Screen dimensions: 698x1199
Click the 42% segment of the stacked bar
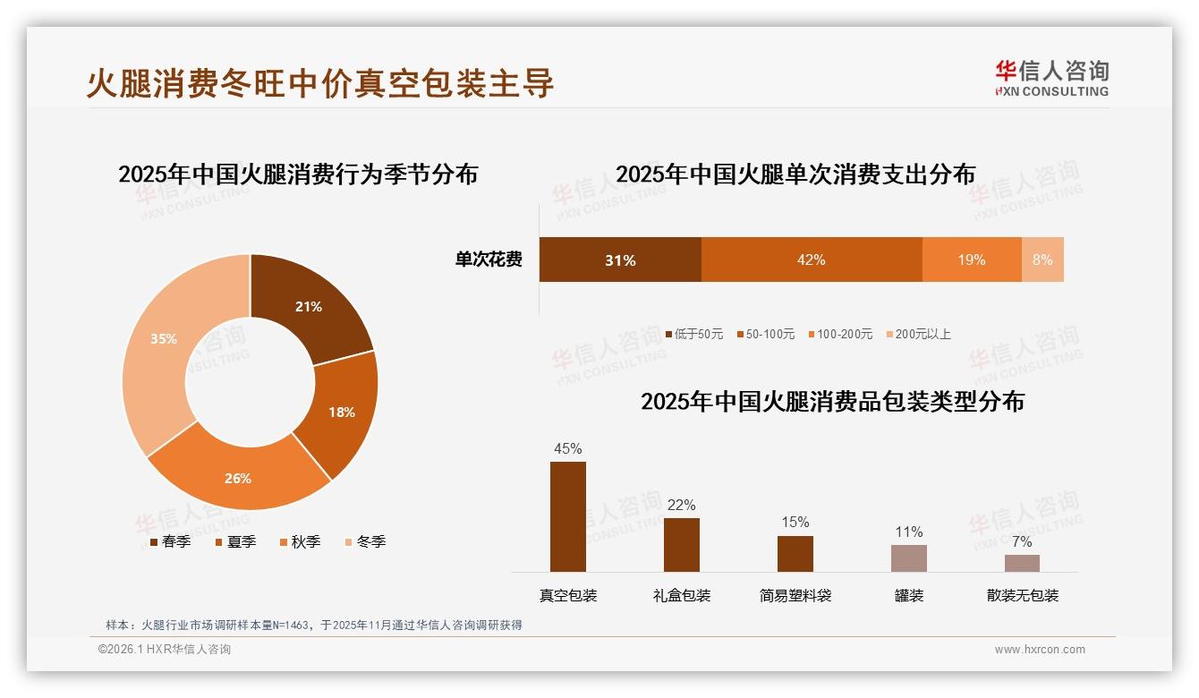[x=811, y=260]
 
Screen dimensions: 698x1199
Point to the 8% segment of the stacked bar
[x=1042, y=260]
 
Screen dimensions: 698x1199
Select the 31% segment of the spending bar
[x=620, y=260]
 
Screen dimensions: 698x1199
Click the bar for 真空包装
[x=567, y=516]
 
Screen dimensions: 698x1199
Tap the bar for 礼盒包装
[x=681, y=544]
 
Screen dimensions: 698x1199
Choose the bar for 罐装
[x=908, y=558]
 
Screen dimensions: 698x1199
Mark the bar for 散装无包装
[x=1022, y=563]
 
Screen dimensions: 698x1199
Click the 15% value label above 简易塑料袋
[x=795, y=522]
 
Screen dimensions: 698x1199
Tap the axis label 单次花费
[x=489, y=260]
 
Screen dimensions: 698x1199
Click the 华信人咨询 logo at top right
[x=1051, y=78]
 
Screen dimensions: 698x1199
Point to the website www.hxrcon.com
[x=1040, y=650]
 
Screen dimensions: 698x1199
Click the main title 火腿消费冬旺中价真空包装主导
[x=320, y=82]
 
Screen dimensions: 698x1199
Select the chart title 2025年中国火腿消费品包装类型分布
[x=832, y=401]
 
